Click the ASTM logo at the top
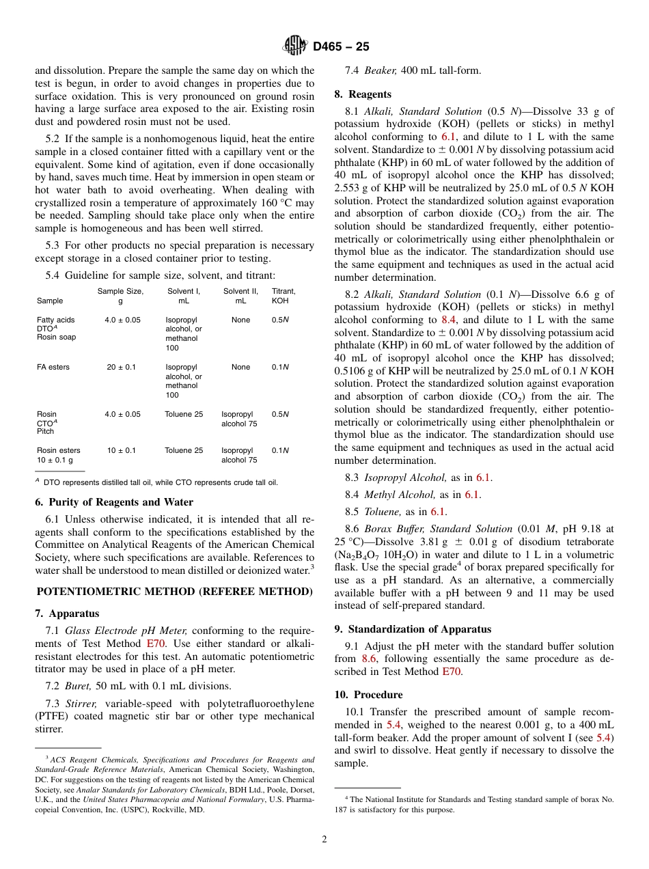[296, 46]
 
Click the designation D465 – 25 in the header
[341, 47]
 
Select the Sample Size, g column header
[120, 296]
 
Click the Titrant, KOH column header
[284, 296]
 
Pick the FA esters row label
[53, 367]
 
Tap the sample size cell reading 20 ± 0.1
[121, 367]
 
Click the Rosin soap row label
[56, 337]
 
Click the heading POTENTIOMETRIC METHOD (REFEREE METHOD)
[174, 592]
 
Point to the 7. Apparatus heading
[67, 613]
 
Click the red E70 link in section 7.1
[155, 644]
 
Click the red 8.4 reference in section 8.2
[449, 319]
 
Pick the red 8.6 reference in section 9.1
[369, 659]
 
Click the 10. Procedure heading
[368, 695]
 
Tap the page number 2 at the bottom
[324, 840]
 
